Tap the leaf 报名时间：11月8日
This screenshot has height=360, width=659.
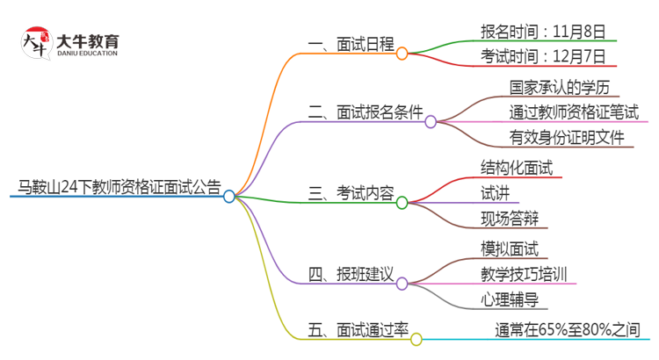(x=543, y=32)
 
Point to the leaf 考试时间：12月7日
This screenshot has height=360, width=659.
(x=543, y=57)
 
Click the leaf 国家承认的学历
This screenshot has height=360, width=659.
(x=554, y=87)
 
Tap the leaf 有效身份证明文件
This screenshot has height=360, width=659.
(x=567, y=138)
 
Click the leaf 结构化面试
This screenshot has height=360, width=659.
(x=517, y=167)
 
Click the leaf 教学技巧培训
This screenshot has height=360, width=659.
(x=524, y=273)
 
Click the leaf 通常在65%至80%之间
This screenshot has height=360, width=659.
(x=568, y=329)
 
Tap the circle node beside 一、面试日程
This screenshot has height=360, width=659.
(x=402, y=54)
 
